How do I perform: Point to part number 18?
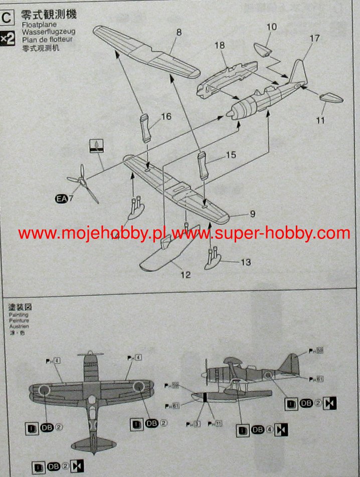tap(220, 46)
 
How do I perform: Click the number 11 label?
tap(321, 120)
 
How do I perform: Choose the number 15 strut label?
tap(231, 155)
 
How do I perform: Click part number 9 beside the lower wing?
tap(252, 214)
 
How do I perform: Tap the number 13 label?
tap(245, 262)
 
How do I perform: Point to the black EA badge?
tap(61, 199)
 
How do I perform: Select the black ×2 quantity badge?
tap(8, 38)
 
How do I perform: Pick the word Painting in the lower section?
tap(19, 315)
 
